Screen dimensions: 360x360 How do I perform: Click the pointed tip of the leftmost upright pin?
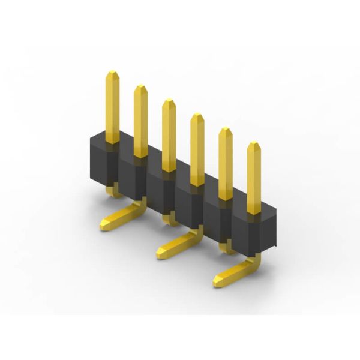click(112, 74)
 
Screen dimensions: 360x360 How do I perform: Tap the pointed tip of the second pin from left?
click(140, 88)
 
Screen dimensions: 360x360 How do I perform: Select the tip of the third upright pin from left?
click(169, 102)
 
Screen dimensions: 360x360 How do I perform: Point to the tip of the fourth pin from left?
click(197, 116)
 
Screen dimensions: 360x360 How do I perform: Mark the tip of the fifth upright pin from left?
click(225, 131)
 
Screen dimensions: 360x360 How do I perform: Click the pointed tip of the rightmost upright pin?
click(254, 145)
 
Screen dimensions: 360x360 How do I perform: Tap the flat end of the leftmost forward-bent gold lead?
click(105, 224)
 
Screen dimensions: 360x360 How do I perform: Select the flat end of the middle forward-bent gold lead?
click(162, 253)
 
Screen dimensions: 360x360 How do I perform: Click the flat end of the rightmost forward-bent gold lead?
click(220, 280)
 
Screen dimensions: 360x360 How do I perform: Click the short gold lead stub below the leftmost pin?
click(113, 191)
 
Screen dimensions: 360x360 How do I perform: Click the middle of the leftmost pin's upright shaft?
click(112, 108)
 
